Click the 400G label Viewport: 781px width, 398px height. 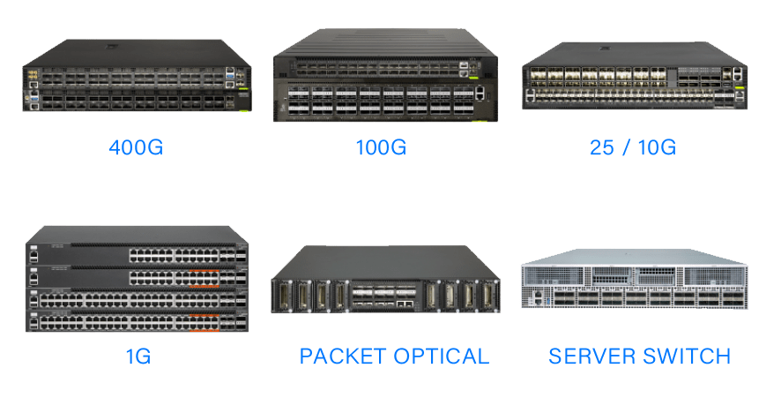point(135,146)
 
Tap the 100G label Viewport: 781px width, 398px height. point(380,146)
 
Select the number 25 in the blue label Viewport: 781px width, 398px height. point(603,146)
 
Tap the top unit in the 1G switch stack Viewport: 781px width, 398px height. point(137,255)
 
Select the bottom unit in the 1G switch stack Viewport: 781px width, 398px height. point(137,320)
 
